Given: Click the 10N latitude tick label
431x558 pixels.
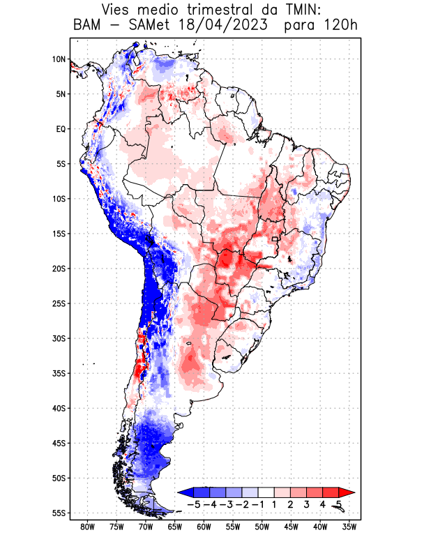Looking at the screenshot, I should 59,59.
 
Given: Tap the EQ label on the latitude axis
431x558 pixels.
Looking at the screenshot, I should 60,129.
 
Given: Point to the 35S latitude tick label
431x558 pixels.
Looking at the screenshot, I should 59,373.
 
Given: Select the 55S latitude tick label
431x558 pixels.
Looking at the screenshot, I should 59,513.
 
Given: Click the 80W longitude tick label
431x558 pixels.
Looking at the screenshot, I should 87,527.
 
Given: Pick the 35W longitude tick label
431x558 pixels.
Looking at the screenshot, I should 349,527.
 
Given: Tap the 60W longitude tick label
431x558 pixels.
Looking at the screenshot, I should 204,527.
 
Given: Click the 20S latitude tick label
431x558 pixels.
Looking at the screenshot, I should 59,269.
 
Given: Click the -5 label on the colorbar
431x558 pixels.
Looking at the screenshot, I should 195,504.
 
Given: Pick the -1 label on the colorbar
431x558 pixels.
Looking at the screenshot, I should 258,504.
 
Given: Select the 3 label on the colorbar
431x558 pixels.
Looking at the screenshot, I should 306,504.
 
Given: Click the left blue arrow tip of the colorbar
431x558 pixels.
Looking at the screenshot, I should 181,492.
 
